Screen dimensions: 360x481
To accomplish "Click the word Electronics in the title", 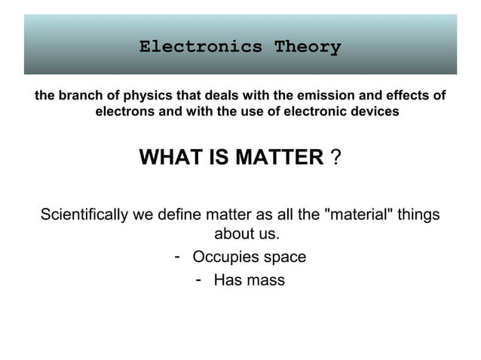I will point(201,47).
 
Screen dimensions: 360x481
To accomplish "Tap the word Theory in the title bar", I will point(308,47).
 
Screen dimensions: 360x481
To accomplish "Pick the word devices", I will point(374,112).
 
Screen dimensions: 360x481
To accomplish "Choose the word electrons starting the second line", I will point(123,112).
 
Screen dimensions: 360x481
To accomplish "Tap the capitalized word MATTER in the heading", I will point(279,157).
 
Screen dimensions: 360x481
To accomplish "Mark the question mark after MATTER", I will point(335,157).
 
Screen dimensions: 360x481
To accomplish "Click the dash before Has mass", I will point(198,280).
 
